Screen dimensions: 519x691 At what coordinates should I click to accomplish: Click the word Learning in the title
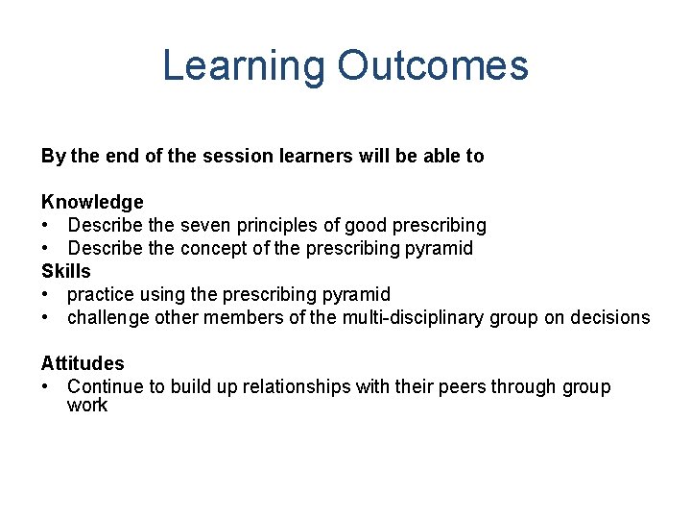[244, 66]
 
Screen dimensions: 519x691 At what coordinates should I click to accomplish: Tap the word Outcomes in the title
[433, 66]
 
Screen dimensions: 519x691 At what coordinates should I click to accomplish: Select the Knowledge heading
[92, 202]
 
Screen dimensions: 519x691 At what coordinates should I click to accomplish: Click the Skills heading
[65, 271]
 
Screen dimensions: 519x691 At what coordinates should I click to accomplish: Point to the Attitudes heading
[83, 363]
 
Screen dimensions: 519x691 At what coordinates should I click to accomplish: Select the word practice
[100, 294]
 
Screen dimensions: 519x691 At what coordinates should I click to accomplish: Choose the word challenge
[107, 317]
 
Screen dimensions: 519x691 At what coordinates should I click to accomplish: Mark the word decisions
[608, 317]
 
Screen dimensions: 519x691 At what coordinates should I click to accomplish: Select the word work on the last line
[87, 405]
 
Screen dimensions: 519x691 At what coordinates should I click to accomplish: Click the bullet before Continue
[46, 386]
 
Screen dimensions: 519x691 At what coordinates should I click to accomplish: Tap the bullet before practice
[46, 294]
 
